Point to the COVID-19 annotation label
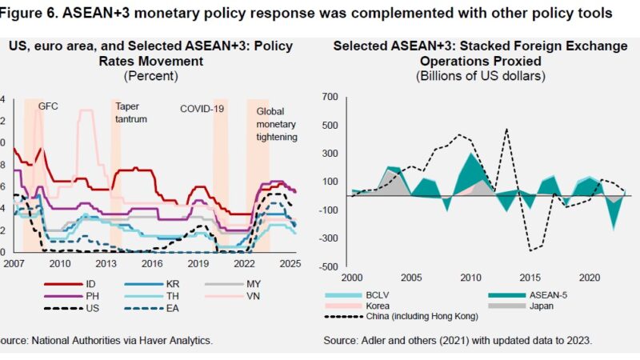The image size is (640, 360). coord(201,106)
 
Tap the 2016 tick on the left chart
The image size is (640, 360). coord(151,263)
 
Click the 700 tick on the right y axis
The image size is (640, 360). coord(330,97)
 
